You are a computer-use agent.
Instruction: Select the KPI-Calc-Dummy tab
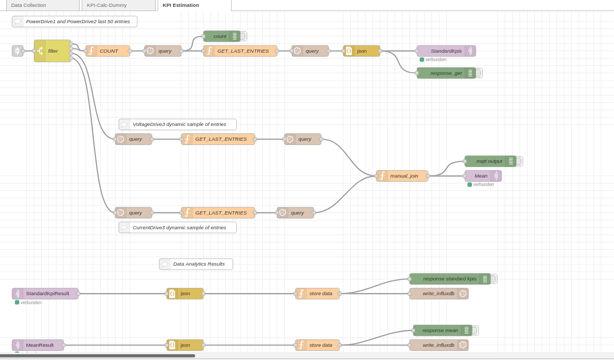click(107, 5)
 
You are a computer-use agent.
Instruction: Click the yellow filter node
click(53, 51)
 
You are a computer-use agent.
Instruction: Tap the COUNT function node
click(108, 51)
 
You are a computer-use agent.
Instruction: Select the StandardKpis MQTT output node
click(446, 51)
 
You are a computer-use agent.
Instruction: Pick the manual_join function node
click(402, 176)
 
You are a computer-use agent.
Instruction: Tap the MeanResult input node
click(39, 345)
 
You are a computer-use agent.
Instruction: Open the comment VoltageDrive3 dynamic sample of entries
click(178, 124)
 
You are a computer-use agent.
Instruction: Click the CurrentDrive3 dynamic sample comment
click(178, 228)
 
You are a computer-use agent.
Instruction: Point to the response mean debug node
click(440, 330)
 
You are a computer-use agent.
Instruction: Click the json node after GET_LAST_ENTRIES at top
click(362, 51)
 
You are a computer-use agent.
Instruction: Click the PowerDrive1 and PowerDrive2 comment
click(75, 22)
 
